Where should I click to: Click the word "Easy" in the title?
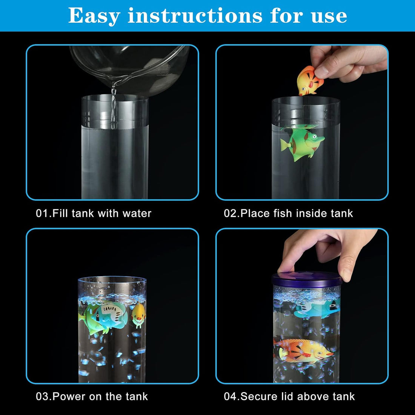[x=94, y=16]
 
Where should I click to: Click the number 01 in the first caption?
[x=42, y=213]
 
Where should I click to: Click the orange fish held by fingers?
[x=309, y=81]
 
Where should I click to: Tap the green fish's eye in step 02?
[x=314, y=137]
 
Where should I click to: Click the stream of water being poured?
[x=114, y=106]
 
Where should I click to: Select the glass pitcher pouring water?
[x=130, y=68]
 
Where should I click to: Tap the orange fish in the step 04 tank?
[x=304, y=351]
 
